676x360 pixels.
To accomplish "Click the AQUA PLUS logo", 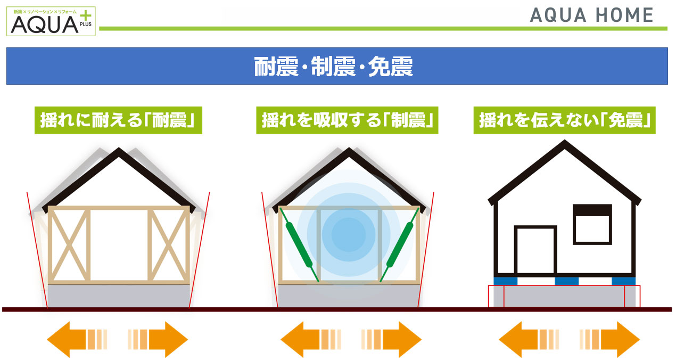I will click(x=52, y=21).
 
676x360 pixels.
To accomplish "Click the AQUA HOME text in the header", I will click(x=591, y=15).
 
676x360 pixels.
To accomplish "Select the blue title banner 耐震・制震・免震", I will click(x=337, y=67).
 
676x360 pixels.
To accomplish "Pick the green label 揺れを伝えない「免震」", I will click(x=564, y=120).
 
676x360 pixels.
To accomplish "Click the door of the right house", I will click(x=535, y=250).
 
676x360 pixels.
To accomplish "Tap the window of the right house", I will click(x=592, y=224).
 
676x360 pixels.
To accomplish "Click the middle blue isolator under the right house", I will click(x=567, y=281).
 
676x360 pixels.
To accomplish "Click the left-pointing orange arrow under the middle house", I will click(x=301, y=339).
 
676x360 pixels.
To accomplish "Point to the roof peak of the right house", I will click(x=564, y=143).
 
